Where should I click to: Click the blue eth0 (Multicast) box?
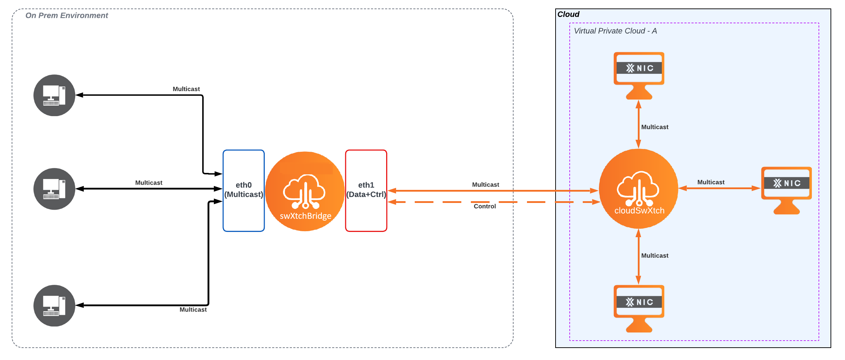click(x=244, y=191)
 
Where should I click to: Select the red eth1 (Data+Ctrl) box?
click(x=366, y=191)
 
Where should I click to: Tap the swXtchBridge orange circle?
click(x=305, y=192)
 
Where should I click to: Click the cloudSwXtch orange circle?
click(x=639, y=189)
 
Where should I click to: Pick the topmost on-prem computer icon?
click(x=54, y=95)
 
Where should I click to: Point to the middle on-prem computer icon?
click(x=54, y=189)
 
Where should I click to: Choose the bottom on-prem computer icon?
click(x=54, y=306)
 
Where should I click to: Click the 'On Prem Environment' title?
click(x=67, y=16)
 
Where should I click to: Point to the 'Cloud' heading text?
click(x=568, y=14)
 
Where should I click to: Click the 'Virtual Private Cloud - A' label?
click(x=615, y=31)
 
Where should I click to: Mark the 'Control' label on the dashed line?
click(x=485, y=206)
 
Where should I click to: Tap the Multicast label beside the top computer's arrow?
click(x=186, y=89)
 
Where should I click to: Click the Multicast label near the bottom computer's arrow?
click(x=193, y=310)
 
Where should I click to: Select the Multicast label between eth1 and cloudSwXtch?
click(x=485, y=185)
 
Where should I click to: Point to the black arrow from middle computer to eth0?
click(x=148, y=189)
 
